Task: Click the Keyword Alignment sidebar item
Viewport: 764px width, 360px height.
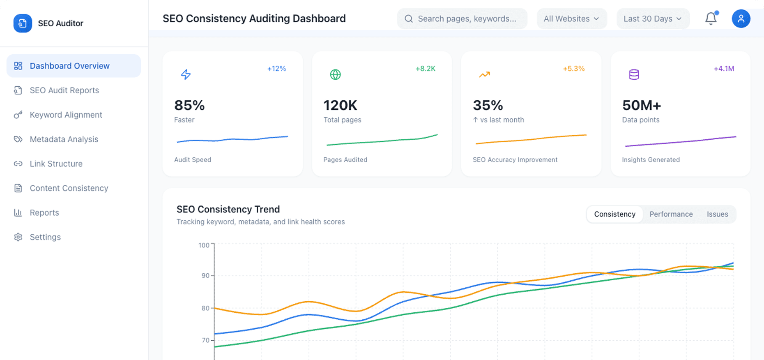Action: [66, 115]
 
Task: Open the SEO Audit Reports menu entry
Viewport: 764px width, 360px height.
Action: [64, 90]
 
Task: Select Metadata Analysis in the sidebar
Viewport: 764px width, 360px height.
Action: [64, 139]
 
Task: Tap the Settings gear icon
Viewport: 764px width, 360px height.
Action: [18, 237]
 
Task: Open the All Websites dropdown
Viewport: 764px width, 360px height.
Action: [571, 19]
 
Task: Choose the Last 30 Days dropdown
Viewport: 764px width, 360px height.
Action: [652, 19]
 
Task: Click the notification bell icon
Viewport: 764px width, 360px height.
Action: [711, 19]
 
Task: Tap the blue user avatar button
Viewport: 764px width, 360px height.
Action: [741, 19]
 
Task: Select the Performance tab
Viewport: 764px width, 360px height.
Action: [671, 214]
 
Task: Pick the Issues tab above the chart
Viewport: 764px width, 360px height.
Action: [717, 214]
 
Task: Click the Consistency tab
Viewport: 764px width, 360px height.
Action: [614, 214]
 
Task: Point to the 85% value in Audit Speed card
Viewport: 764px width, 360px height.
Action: [189, 105]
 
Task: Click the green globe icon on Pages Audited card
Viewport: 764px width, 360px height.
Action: [335, 74]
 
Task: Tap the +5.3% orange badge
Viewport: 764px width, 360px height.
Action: [573, 69]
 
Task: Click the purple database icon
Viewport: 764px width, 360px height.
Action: [634, 74]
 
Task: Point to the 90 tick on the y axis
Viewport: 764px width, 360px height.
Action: [205, 276]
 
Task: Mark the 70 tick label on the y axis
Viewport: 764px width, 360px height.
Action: [205, 340]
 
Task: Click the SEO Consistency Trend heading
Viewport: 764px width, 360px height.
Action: [228, 209]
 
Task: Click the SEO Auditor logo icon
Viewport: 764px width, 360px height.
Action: [23, 23]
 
